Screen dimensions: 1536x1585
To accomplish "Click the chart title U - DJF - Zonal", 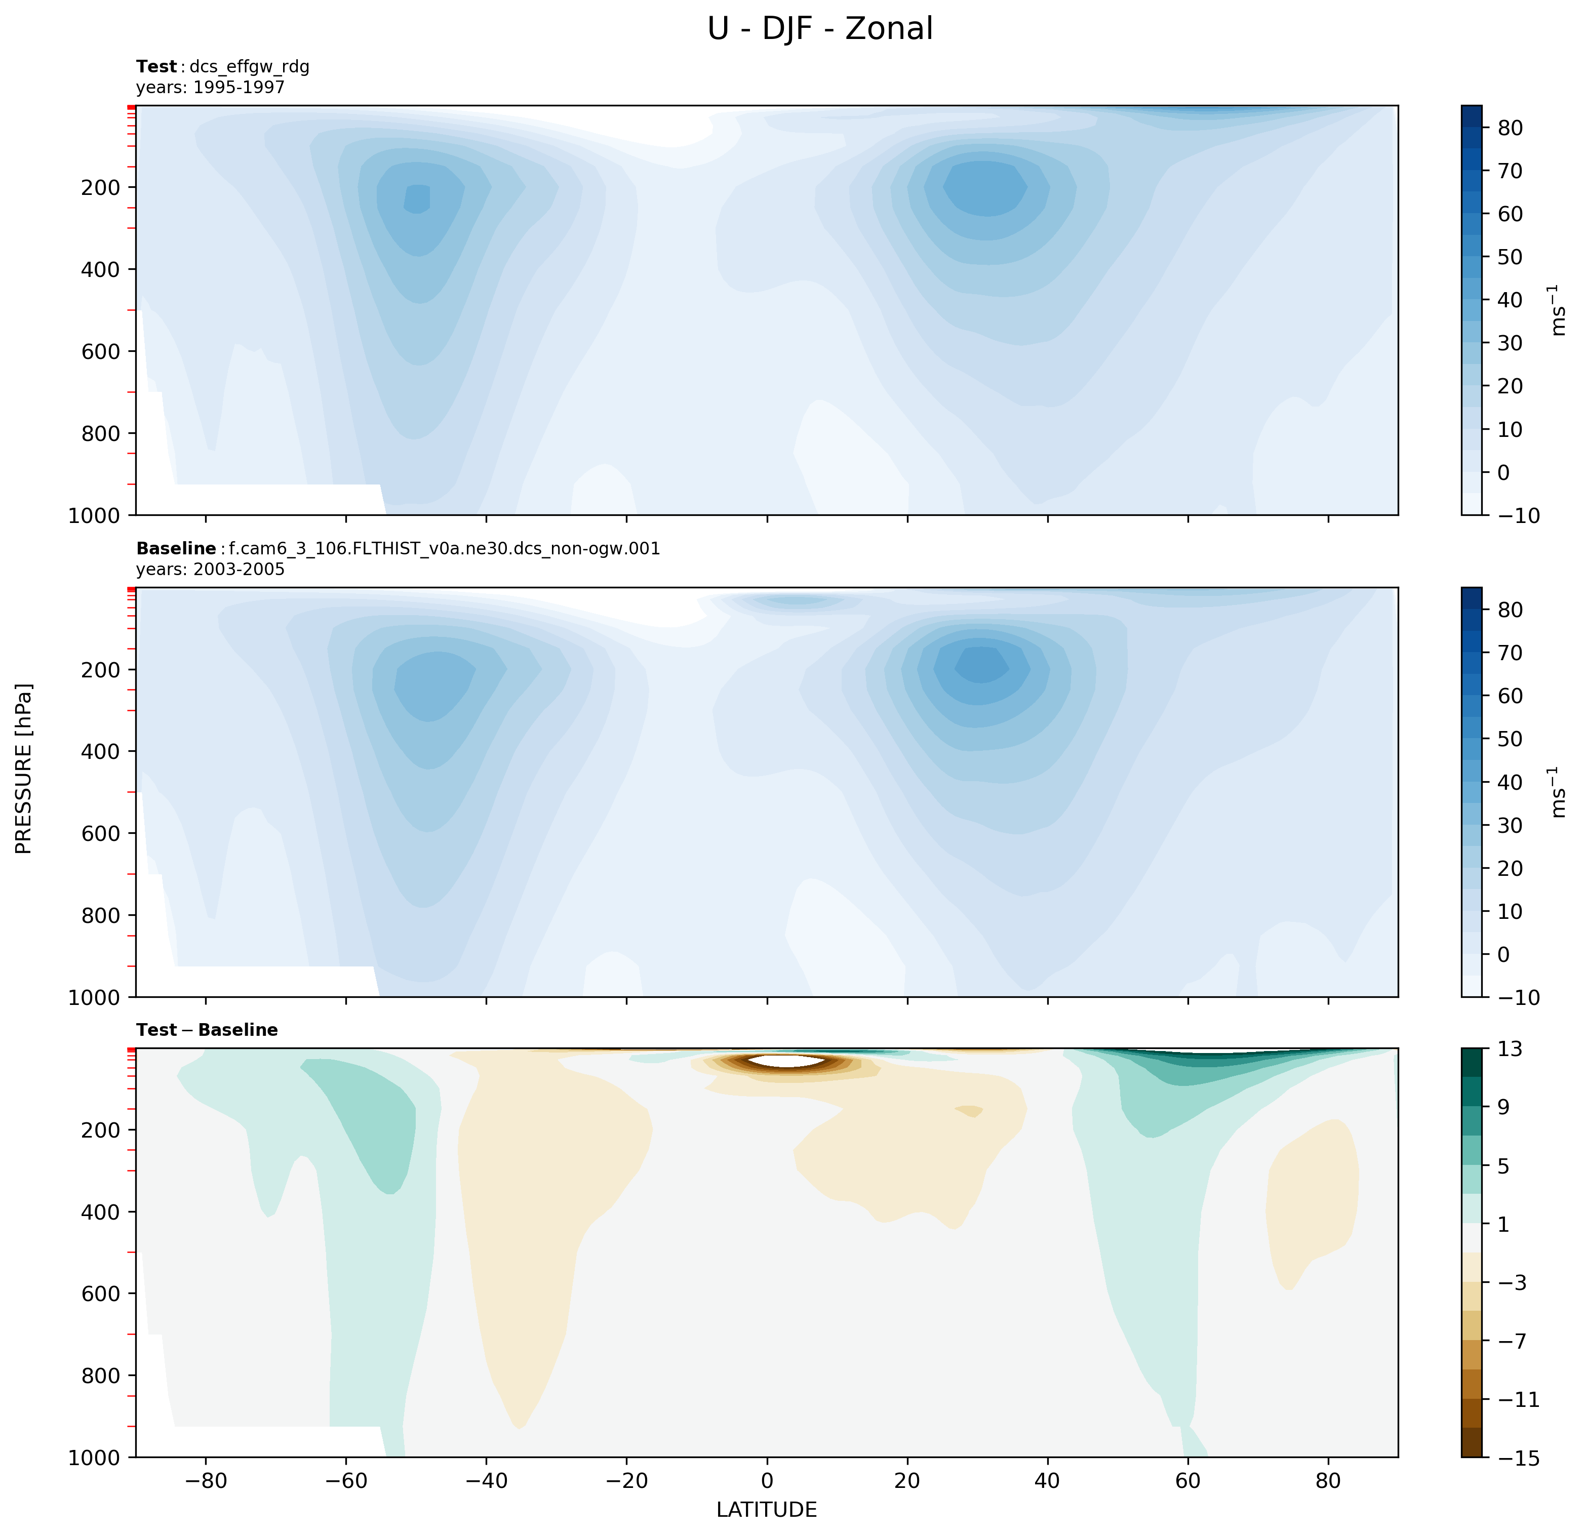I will pyautogui.click(x=819, y=29).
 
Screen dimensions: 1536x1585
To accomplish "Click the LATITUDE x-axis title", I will pyautogui.click(x=766, y=1509).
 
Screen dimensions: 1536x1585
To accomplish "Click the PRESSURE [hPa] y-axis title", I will pyautogui.click(x=24, y=768).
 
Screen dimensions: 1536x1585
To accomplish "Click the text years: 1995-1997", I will pyautogui.click(x=210, y=87).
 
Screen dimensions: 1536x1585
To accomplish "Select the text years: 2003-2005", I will pyautogui.click(x=210, y=569).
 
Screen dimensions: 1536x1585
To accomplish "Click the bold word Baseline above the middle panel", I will pyautogui.click(x=176, y=549).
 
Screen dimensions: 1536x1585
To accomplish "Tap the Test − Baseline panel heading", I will pyautogui.click(x=207, y=1030).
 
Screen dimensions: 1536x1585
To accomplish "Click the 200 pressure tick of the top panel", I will pyautogui.click(x=101, y=187).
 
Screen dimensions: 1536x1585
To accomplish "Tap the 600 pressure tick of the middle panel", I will pyautogui.click(x=101, y=833).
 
